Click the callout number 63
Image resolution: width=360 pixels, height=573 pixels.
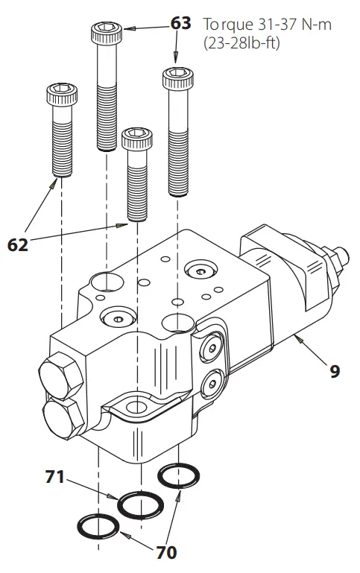[x=180, y=24]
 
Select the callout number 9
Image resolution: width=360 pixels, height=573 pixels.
[x=335, y=370]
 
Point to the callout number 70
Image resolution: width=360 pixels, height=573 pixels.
[x=166, y=552]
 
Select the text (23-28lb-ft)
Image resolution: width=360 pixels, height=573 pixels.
[x=241, y=44]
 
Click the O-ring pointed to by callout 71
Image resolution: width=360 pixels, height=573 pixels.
[x=141, y=505]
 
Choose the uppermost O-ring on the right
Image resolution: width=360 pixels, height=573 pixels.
[x=178, y=475]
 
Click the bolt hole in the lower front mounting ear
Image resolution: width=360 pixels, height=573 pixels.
[x=136, y=407]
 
